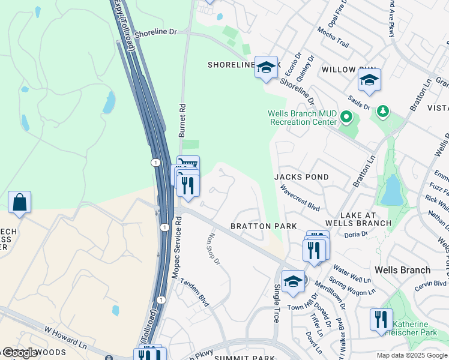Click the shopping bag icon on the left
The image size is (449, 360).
point(19,202)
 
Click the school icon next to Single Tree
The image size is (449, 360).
point(292,281)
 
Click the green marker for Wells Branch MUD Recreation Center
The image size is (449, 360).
point(346,117)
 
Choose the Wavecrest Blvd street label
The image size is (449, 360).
point(300,196)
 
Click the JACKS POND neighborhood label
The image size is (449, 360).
point(301,177)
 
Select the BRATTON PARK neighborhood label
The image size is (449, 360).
point(264,226)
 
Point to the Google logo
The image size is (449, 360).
point(20,353)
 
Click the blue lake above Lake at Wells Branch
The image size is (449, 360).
point(392,191)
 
